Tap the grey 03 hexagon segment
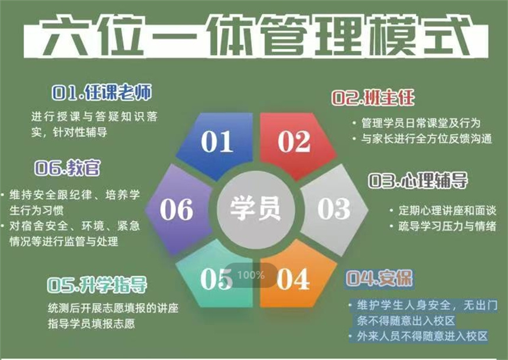click(334, 210)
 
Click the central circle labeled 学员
click(256, 209)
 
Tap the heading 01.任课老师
click(102, 92)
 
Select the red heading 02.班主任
click(373, 98)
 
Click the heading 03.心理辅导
click(418, 180)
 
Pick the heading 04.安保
click(379, 278)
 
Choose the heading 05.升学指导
click(97, 285)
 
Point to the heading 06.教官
click(67, 168)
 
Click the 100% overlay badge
click(251, 275)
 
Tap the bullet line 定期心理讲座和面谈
click(447, 210)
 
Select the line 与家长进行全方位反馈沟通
click(426, 139)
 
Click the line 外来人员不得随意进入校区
click(422, 336)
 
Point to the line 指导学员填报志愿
click(92, 324)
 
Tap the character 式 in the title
click(447, 36)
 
